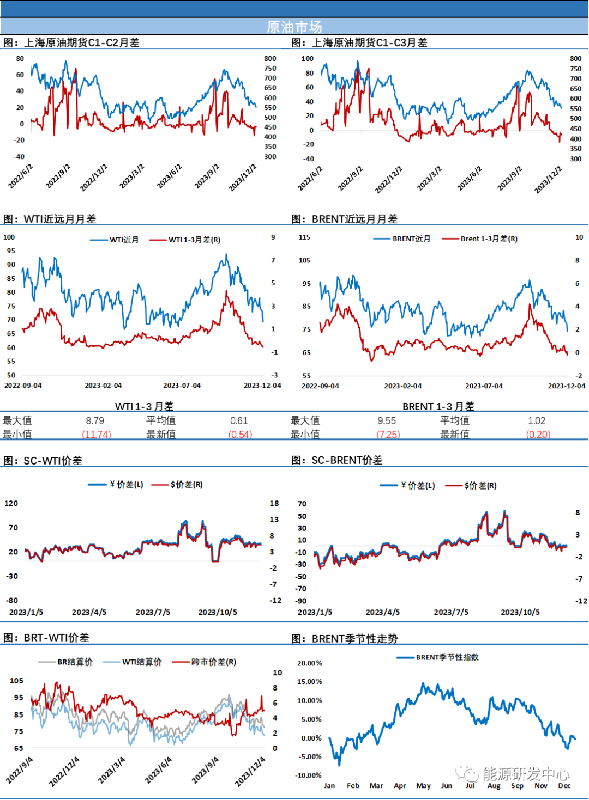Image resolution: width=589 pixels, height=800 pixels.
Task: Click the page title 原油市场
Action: [294, 27]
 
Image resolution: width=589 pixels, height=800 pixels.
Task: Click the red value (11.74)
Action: [97, 434]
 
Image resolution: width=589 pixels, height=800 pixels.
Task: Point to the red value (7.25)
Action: [389, 434]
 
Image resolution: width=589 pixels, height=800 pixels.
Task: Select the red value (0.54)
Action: [241, 434]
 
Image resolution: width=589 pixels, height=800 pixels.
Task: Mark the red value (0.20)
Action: [538, 434]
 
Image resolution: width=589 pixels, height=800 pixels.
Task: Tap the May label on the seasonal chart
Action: [423, 785]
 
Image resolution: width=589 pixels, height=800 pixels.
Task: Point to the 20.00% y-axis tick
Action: [309, 663]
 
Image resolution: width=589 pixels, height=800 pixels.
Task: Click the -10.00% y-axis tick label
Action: [308, 775]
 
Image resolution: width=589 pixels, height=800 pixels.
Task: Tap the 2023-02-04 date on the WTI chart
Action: [103, 385]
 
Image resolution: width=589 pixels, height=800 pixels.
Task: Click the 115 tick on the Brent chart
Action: [304, 237]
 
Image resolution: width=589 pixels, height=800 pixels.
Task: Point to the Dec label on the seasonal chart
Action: [564, 785]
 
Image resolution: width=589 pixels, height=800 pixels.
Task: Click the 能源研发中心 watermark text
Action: [526, 774]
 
